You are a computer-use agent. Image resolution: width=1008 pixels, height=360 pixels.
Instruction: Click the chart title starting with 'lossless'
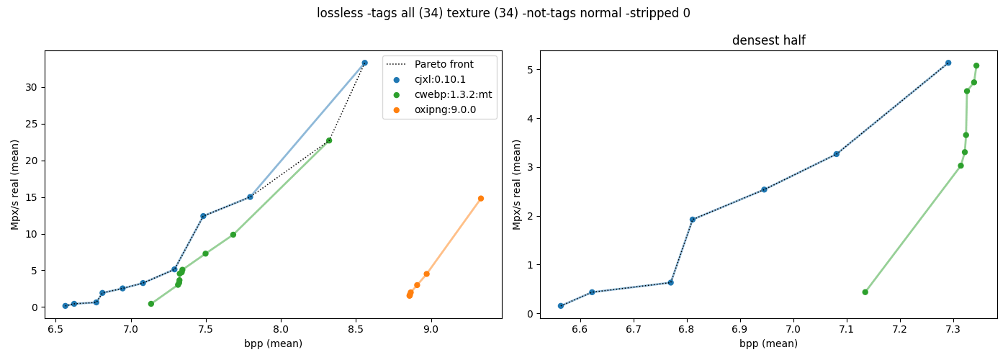[x=503, y=13]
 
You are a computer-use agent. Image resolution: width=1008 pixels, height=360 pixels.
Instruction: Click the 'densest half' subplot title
[x=769, y=40]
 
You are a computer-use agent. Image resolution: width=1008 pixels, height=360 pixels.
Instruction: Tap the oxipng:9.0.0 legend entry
[x=434, y=109]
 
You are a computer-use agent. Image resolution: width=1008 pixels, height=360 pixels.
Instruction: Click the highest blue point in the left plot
[x=364, y=63]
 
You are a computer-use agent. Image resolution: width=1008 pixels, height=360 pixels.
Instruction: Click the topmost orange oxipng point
[x=481, y=199]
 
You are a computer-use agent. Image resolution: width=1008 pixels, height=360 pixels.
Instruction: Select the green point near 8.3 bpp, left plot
[x=329, y=140]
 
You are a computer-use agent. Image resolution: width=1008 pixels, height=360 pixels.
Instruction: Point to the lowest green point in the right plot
[x=865, y=292]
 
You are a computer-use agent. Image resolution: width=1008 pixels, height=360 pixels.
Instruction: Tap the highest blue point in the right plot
[x=948, y=63]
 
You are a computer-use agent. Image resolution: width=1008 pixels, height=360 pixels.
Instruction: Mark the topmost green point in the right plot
[x=976, y=66]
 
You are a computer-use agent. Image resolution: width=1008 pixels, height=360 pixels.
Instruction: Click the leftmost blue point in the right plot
[x=561, y=306]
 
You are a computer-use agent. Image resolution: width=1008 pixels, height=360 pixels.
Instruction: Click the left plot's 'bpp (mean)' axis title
[x=273, y=344]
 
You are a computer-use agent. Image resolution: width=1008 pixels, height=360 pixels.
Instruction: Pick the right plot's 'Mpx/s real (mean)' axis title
[x=517, y=184]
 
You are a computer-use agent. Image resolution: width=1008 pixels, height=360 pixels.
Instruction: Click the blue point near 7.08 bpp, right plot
[x=836, y=154]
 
